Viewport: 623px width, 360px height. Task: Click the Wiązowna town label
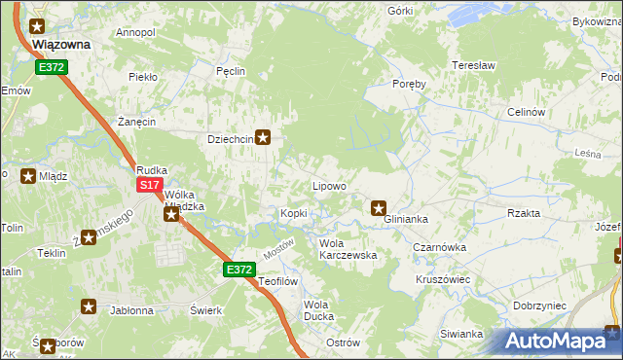coord(61,44)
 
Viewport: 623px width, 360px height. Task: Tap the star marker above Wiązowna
coord(38,27)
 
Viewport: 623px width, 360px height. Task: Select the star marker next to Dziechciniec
coord(263,138)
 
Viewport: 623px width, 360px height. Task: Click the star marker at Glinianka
coord(380,206)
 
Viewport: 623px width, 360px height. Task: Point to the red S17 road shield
coord(149,185)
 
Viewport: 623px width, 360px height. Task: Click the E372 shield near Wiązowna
coord(52,66)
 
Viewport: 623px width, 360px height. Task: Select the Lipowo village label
coord(329,185)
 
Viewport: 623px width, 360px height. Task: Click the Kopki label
coord(294,213)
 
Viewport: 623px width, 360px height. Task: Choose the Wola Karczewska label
coord(348,249)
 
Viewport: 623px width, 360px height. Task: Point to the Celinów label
coord(525,112)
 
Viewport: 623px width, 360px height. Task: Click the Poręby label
coord(410,84)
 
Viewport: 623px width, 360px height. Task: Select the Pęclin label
coord(230,71)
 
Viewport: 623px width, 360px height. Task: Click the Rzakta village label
coord(524,212)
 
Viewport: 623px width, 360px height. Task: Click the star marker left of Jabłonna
coord(89,306)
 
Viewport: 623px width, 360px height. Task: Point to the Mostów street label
coord(278,249)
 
